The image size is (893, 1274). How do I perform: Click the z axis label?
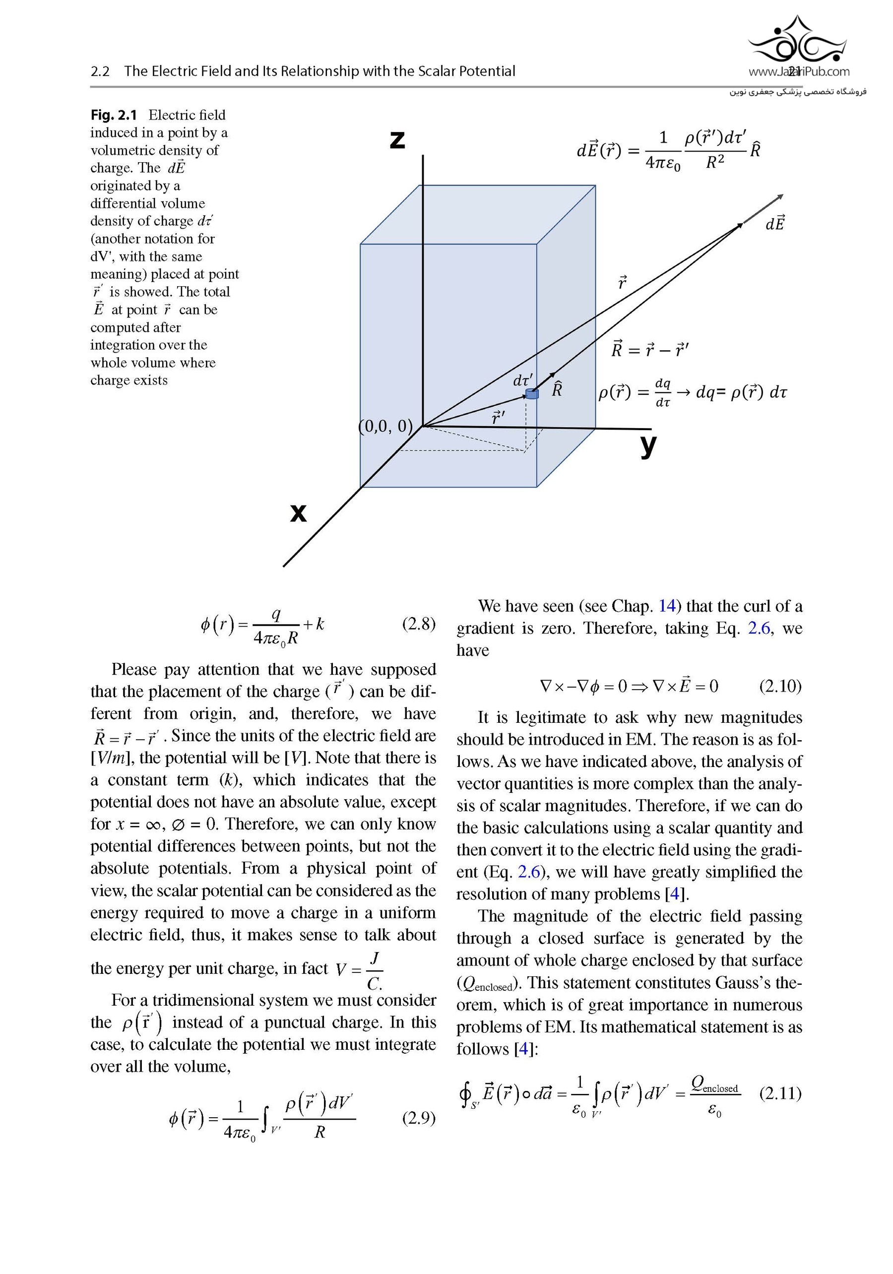(x=397, y=140)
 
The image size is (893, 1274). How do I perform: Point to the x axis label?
(x=298, y=512)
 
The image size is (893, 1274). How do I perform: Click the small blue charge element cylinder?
(x=532, y=394)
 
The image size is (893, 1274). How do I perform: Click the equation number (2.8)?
(x=419, y=624)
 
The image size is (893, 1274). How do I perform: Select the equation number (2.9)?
(x=419, y=1118)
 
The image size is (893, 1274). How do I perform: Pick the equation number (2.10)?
(x=780, y=687)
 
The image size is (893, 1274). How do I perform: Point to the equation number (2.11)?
(x=780, y=1093)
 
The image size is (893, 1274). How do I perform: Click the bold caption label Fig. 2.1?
(x=113, y=115)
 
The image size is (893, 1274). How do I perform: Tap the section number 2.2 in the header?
(x=100, y=71)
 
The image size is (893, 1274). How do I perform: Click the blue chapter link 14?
(x=667, y=606)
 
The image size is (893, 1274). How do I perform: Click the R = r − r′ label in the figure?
(x=650, y=350)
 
